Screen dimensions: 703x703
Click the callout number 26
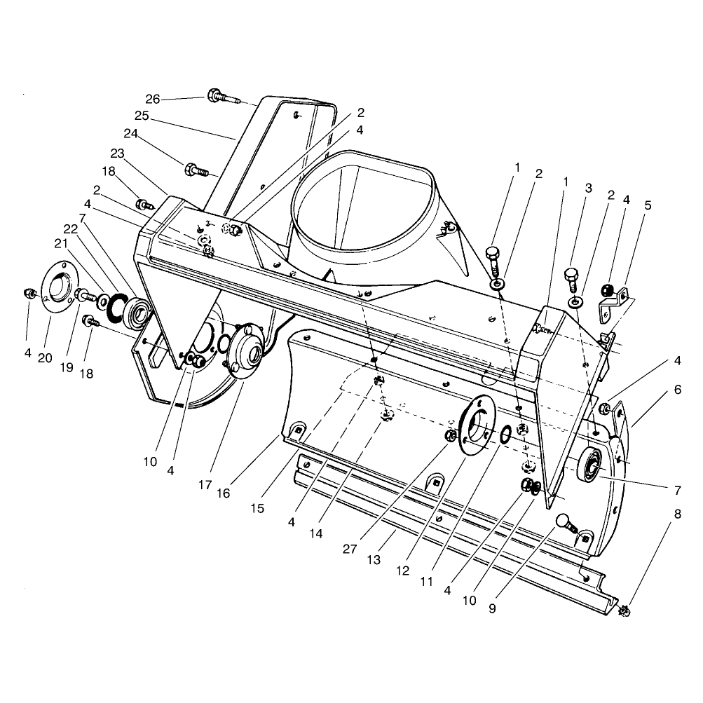pos(152,99)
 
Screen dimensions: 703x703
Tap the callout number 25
pos(142,116)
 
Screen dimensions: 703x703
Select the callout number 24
pos(131,134)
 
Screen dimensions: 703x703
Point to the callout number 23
pos(118,153)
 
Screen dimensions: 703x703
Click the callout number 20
pos(45,357)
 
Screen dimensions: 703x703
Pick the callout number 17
pos(205,484)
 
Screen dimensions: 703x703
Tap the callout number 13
pos(374,559)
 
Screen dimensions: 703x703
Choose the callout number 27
pos(350,549)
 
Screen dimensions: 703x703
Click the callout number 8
pos(678,514)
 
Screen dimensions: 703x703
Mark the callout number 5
pos(648,205)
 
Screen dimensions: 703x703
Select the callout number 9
pos(492,608)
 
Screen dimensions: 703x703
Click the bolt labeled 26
pos(224,97)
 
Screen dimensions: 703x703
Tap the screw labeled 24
pos(197,170)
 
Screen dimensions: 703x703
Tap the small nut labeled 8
pos(624,610)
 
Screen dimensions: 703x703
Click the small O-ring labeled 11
pos(505,434)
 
